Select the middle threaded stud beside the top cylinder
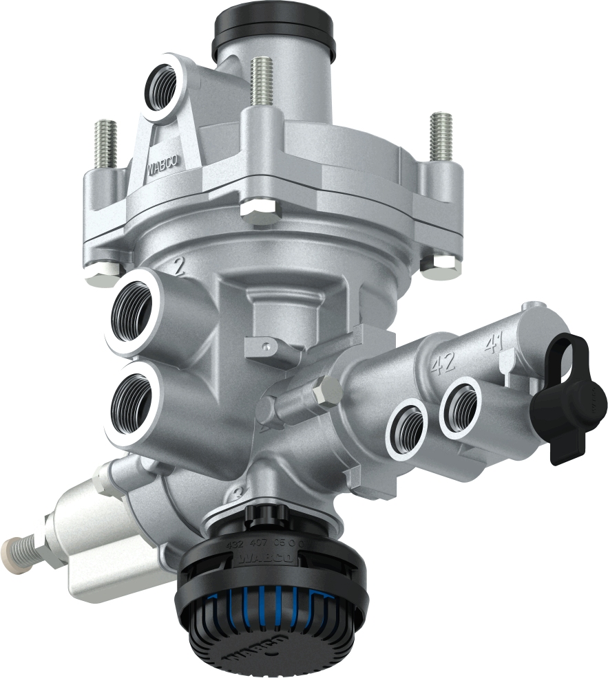(260, 83)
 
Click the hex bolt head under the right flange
(439, 266)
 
